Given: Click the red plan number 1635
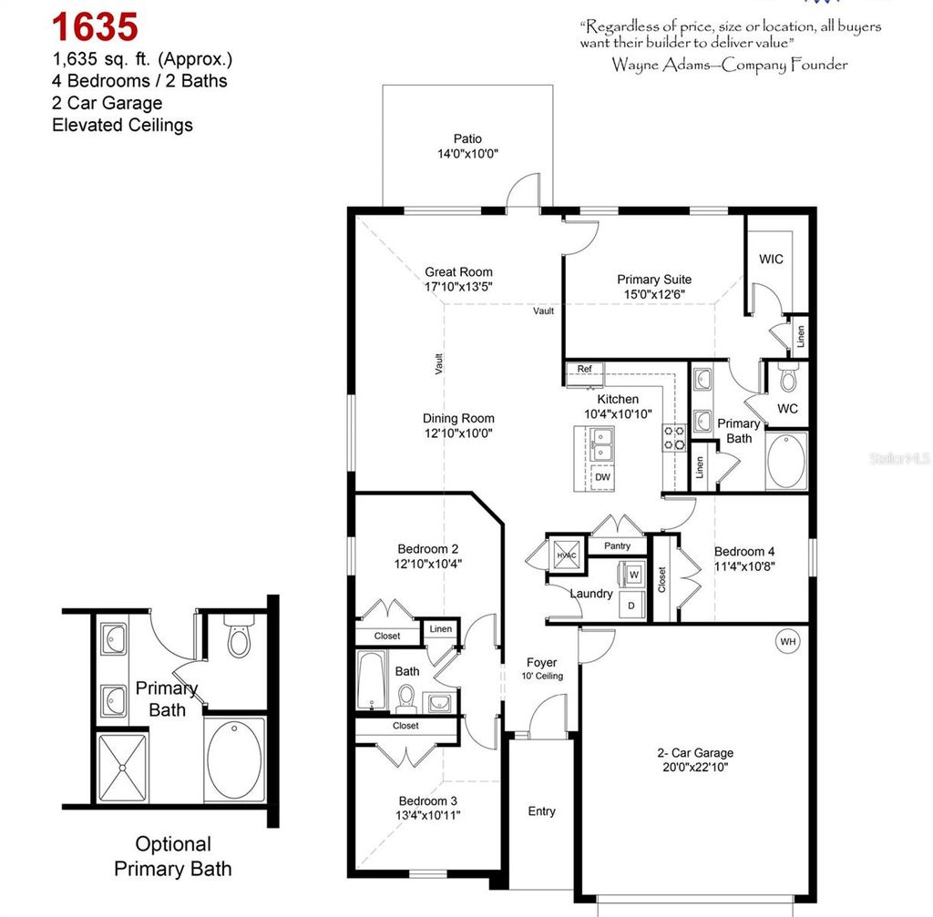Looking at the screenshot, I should tap(95, 26).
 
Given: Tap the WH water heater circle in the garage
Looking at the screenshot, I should tap(787, 642).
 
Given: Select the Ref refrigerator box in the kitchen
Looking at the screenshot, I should tap(584, 370).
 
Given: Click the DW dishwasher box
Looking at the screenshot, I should tap(602, 476).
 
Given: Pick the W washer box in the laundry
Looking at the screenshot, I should tap(633, 575).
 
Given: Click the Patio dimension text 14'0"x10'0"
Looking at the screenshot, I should tap(467, 155).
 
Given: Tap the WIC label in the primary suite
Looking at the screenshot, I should tap(771, 260).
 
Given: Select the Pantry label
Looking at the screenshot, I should tap(617, 546).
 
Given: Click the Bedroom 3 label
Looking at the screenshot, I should tap(427, 801).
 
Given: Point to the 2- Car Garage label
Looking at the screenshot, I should tap(695, 753).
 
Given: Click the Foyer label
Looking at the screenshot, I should tap(541, 663).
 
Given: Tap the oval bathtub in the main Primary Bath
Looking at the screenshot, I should tap(786, 461).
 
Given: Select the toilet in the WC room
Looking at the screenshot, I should tap(789, 378).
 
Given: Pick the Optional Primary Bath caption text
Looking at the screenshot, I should tap(172, 856).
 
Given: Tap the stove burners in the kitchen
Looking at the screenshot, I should tap(674, 438).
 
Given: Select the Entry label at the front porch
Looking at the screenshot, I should tap(541, 811).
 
